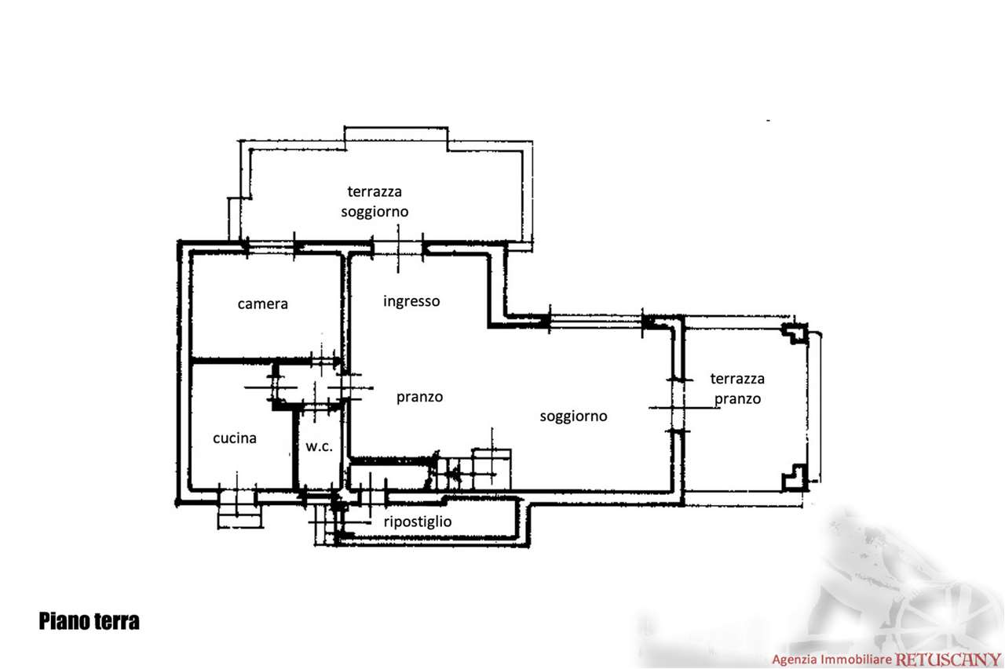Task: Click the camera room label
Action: click(x=262, y=304)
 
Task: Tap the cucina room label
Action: click(x=235, y=438)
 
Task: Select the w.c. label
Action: click(x=319, y=446)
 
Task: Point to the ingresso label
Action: click(x=411, y=302)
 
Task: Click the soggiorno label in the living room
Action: click(x=573, y=416)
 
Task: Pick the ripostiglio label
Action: click(x=418, y=522)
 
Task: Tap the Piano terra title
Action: click(x=89, y=621)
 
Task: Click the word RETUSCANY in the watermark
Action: click(x=948, y=659)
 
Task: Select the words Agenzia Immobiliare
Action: click(x=831, y=660)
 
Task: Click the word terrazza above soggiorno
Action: click(x=375, y=192)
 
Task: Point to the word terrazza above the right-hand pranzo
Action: click(x=737, y=379)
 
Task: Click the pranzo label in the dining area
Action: click(x=419, y=398)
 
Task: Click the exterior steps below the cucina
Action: click(x=239, y=511)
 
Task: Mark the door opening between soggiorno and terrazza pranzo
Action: click(x=678, y=406)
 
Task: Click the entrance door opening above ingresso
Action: click(x=398, y=247)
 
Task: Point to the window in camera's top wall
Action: click(x=270, y=247)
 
